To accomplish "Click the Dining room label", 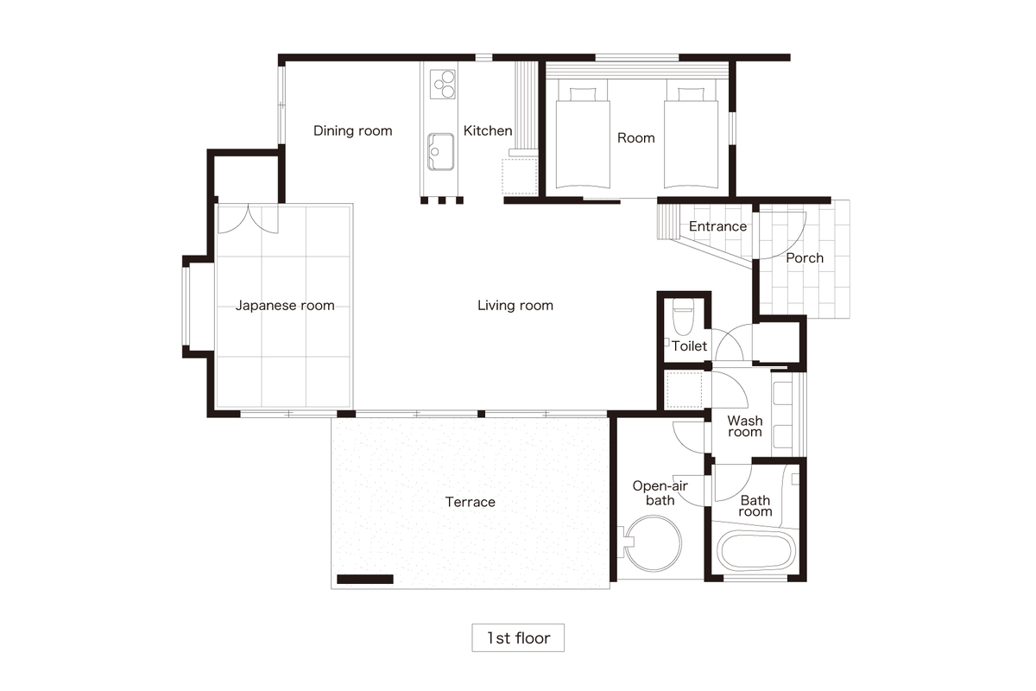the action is (353, 131).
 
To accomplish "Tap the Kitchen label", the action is (488, 131).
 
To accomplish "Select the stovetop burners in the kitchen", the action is (443, 85).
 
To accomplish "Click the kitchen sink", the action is (440, 152).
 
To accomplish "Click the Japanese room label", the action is (285, 306).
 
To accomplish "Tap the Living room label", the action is (515, 306).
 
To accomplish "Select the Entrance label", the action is (717, 226).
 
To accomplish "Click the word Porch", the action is (805, 258).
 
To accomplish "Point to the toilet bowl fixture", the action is (683, 316).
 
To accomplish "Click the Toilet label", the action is (689, 346).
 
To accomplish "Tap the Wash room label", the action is (744, 427).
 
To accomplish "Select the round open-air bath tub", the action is (653, 543).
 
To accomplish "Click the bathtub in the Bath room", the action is (756, 551).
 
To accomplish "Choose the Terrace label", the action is (470, 502).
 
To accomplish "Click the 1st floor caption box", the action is (518, 637).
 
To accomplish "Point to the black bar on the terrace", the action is (365, 579).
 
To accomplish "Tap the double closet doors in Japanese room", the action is (249, 219).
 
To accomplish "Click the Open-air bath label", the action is (660, 493).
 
